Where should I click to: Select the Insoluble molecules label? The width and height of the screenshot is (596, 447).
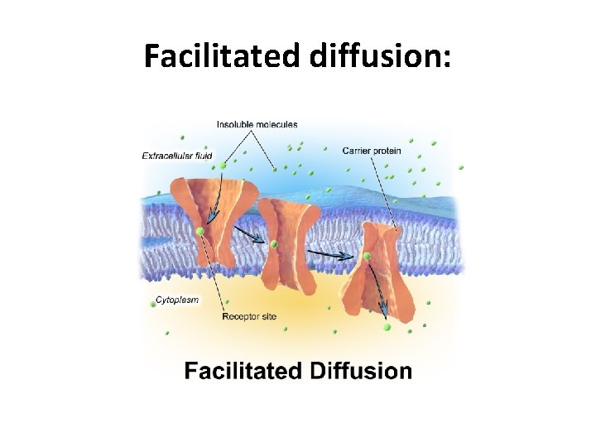click(x=257, y=125)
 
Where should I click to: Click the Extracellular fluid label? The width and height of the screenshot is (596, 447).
click(x=176, y=155)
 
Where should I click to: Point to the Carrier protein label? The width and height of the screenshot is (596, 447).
click(x=372, y=151)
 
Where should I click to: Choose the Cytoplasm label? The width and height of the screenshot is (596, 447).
click(x=177, y=300)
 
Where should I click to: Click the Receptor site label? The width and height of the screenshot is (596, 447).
click(x=249, y=316)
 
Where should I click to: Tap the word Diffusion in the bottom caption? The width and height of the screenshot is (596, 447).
click(x=360, y=370)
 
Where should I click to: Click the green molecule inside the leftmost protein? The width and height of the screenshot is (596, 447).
click(x=199, y=231)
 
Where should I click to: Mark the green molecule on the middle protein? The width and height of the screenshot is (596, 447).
click(x=273, y=243)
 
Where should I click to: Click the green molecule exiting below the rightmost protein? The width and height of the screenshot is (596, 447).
click(x=387, y=328)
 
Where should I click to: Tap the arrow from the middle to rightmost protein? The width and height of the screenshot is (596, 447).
click(x=331, y=254)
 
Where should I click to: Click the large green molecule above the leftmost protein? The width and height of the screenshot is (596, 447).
click(x=223, y=166)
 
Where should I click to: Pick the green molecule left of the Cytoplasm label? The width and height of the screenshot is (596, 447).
click(x=153, y=304)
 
